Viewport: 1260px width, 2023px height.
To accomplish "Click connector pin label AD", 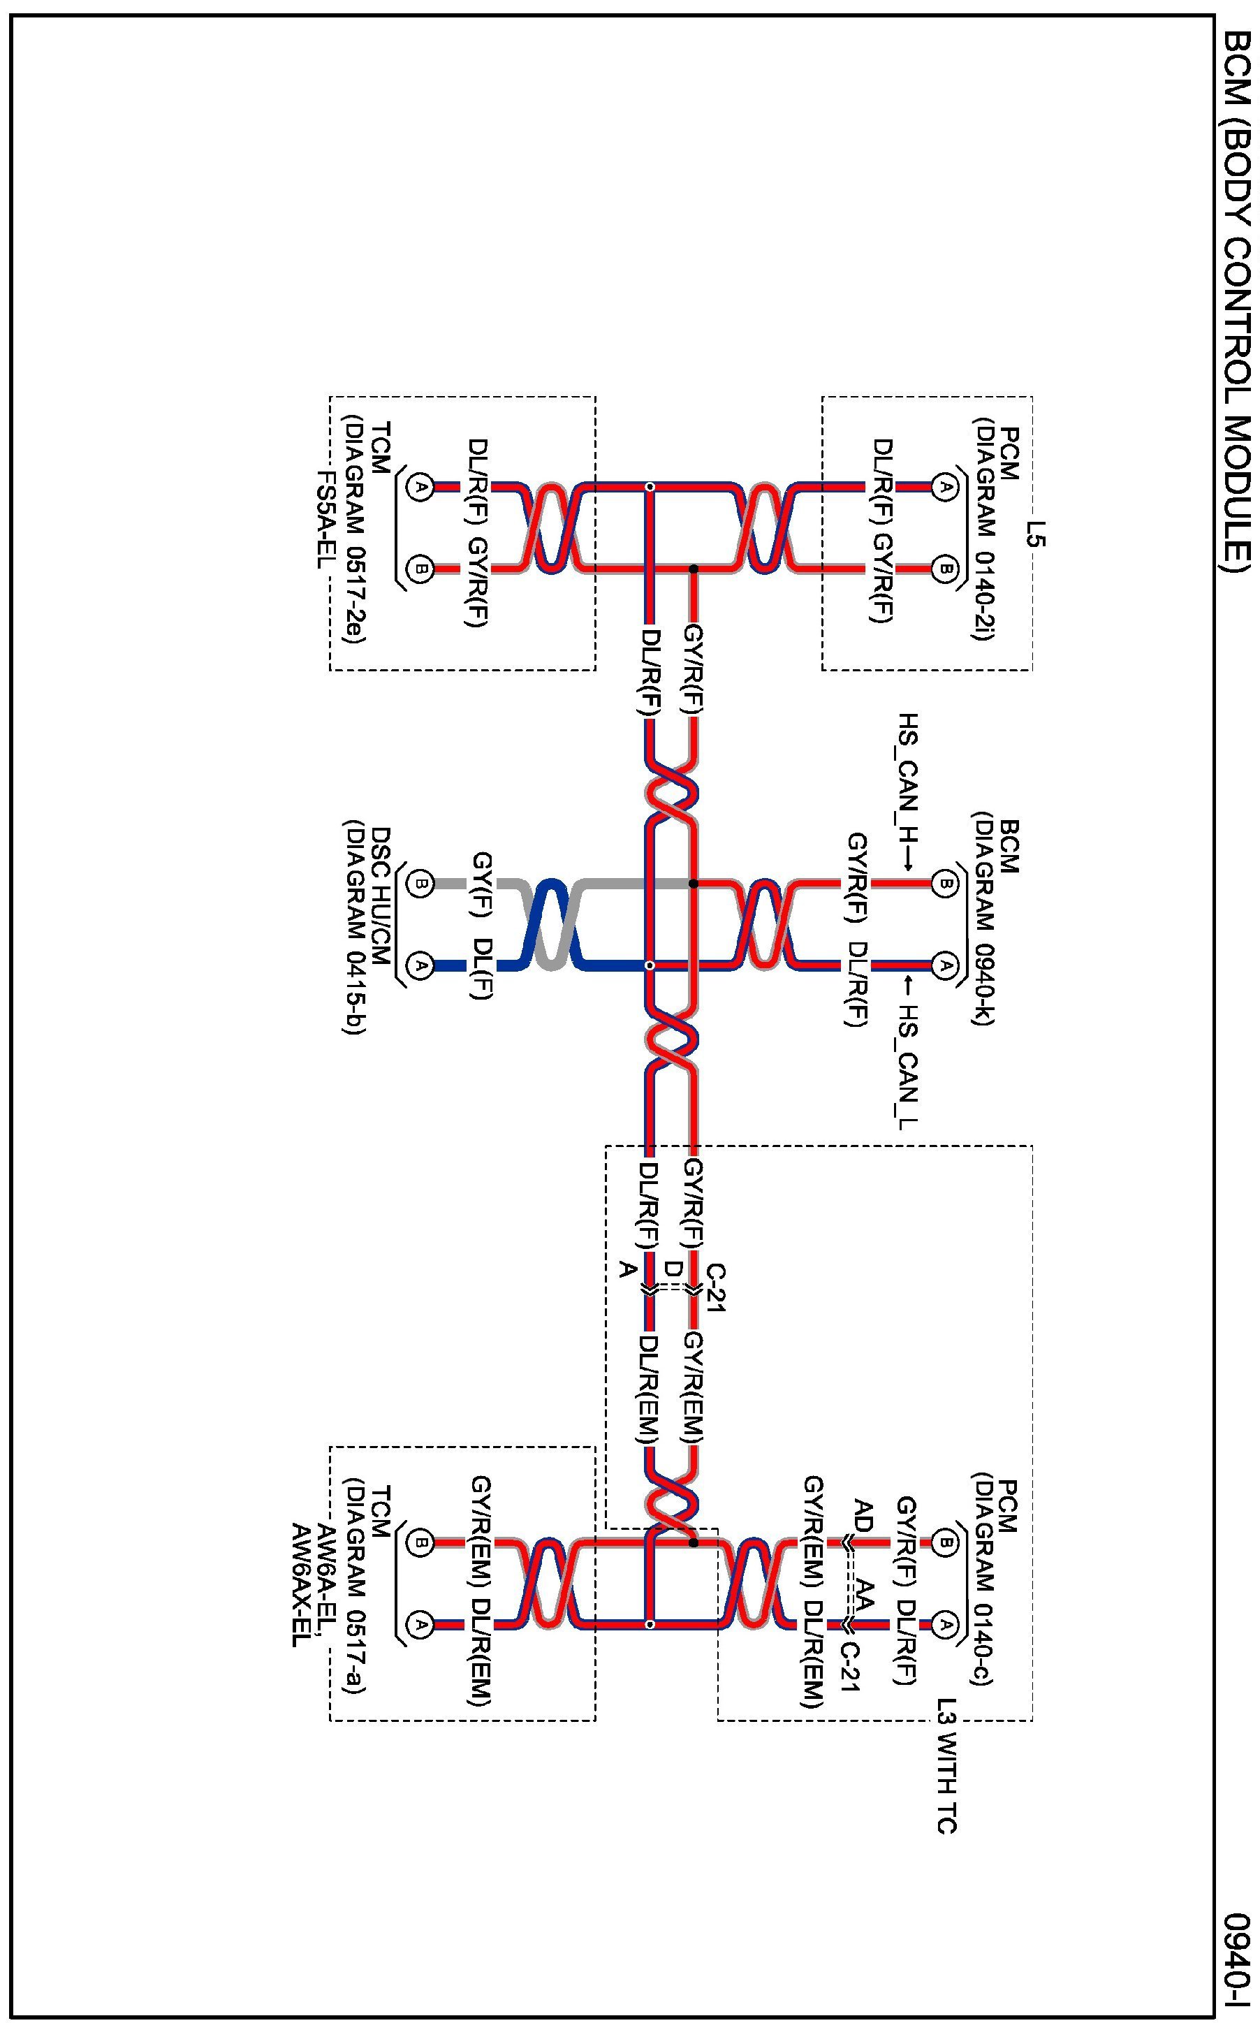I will (x=863, y=1517).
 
